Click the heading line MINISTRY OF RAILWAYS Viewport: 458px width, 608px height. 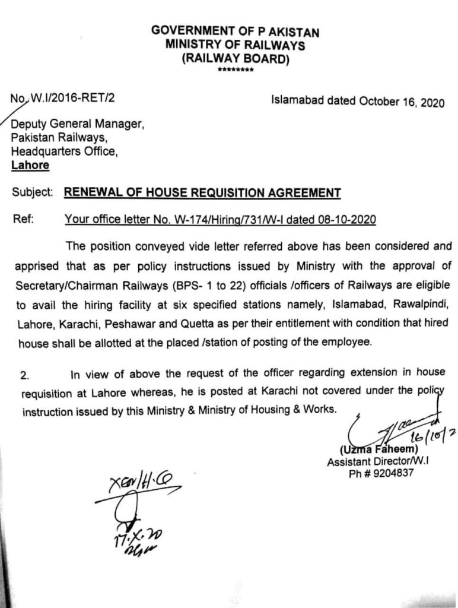[x=236, y=44]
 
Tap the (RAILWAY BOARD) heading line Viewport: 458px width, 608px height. [x=236, y=58]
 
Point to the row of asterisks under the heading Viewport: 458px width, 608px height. [x=236, y=71]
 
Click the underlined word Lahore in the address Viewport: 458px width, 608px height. [x=30, y=165]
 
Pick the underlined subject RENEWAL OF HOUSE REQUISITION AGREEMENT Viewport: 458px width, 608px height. [x=202, y=192]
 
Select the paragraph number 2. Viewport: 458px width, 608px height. [x=24, y=375]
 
